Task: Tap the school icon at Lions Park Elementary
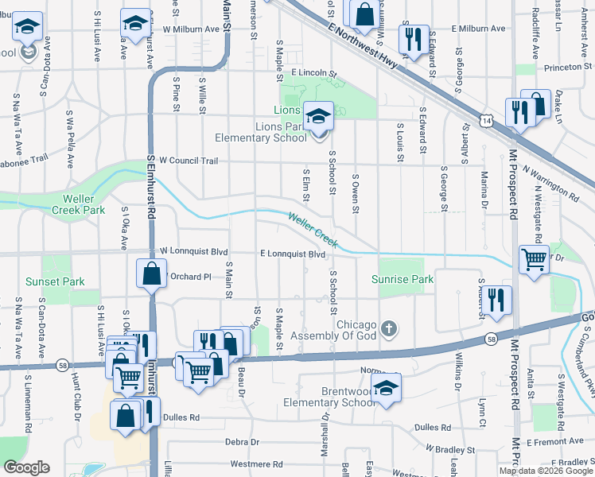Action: pos(318,117)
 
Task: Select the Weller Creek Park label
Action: pos(78,204)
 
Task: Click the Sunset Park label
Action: pos(55,281)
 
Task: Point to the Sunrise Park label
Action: pos(402,279)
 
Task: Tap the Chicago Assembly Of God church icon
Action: pos(389,328)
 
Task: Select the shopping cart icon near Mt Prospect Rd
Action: pos(535,258)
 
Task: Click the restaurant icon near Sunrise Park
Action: pos(497,301)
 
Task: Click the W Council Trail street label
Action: pos(189,161)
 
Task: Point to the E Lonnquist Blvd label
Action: pos(293,254)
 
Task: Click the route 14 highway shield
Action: pos(485,120)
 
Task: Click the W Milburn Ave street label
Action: pos(191,29)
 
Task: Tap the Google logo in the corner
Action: pos(25,467)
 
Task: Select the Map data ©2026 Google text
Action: pos(545,471)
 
